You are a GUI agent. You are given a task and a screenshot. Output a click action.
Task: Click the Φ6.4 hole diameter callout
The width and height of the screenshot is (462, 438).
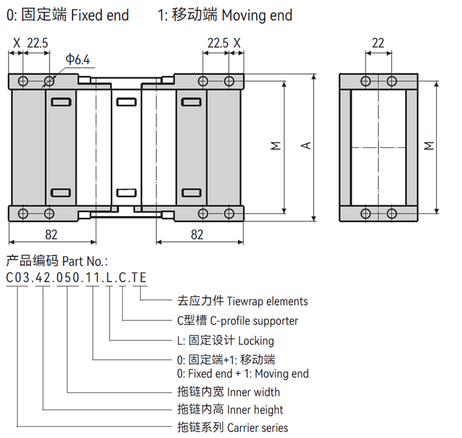point(77,60)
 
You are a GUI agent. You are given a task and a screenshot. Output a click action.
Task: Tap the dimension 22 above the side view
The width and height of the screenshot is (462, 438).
point(378,44)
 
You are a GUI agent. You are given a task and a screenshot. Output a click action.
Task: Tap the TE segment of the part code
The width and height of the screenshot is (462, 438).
point(139,277)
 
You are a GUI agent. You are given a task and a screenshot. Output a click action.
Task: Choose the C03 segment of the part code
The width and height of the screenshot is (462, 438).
point(18,277)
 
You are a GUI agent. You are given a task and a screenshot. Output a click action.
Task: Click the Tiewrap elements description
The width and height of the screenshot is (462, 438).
point(267,301)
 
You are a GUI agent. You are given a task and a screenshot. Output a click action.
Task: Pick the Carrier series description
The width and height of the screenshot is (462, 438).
point(257,427)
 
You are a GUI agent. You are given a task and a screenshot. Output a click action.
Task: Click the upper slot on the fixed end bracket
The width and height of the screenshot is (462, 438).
point(60,102)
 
